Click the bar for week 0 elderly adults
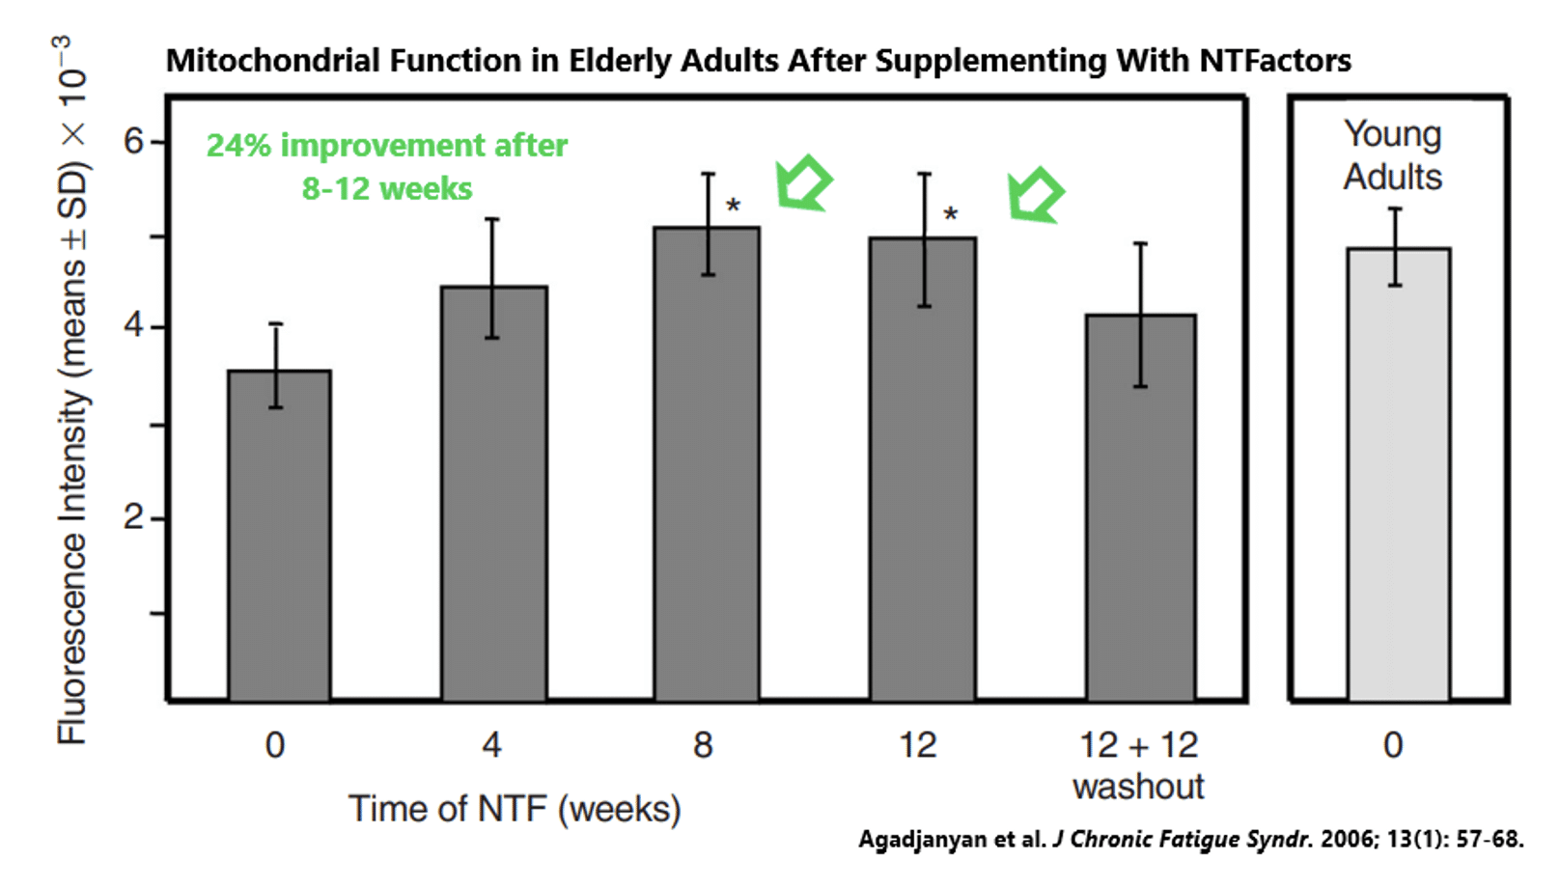[x=279, y=536]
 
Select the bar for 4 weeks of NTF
[x=493, y=493]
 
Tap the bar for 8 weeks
[x=707, y=464]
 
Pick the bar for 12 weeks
[x=922, y=469]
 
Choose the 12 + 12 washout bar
[x=1140, y=508]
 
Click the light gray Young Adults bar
[x=1398, y=474]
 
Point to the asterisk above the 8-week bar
[x=734, y=206]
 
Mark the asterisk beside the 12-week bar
[x=950, y=215]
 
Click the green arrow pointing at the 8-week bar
[x=803, y=182]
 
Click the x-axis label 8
[x=703, y=745]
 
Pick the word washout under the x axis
[x=1138, y=787]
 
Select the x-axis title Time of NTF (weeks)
[x=515, y=809]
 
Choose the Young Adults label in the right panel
[x=1392, y=155]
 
